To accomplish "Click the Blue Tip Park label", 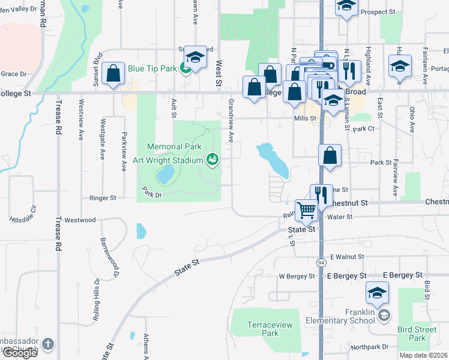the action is (x=152, y=68).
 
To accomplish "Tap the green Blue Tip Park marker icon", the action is (x=186, y=68).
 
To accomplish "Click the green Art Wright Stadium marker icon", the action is (x=211, y=159).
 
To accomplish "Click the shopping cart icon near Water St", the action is (x=306, y=209).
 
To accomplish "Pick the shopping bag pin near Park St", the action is (x=330, y=156).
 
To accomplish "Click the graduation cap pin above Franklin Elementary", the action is (x=377, y=293).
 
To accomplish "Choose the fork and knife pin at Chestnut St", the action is (x=321, y=195).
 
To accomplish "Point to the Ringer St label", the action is (x=102, y=197).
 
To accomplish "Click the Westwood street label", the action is (x=80, y=220).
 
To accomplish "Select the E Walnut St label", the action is (x=347, y=257).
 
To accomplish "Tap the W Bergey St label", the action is (x=297, y=276).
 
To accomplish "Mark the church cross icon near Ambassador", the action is (x=48, y=344).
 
